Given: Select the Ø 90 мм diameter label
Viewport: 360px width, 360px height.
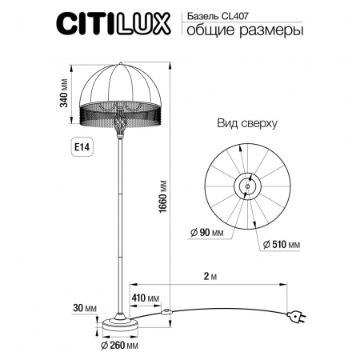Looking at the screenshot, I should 208,233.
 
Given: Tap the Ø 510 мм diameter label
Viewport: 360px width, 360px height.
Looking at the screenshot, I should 279,243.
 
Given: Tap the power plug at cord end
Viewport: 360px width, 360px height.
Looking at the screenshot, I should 299,318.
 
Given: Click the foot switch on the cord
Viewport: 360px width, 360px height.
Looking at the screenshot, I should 166,310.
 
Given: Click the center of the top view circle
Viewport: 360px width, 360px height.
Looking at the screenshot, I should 246,186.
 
